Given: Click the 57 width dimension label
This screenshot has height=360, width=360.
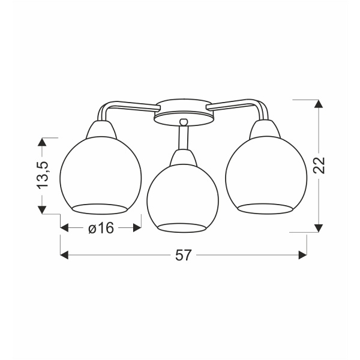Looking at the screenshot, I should (x=184, y=255).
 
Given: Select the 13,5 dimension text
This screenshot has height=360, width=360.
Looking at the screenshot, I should (x=42, y=176).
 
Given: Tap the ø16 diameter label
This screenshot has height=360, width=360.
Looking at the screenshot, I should (x=101, y=228).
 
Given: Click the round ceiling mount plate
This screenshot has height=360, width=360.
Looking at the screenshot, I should (x=183, y=113).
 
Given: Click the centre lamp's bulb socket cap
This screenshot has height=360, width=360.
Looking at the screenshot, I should (x=183, y=158).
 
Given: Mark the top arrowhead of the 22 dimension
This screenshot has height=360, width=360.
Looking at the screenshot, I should (x=319, y=103).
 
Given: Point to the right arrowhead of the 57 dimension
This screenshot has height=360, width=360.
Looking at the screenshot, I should (x=303, y=255).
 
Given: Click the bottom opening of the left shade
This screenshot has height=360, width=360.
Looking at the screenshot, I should (x=101, y=208).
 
